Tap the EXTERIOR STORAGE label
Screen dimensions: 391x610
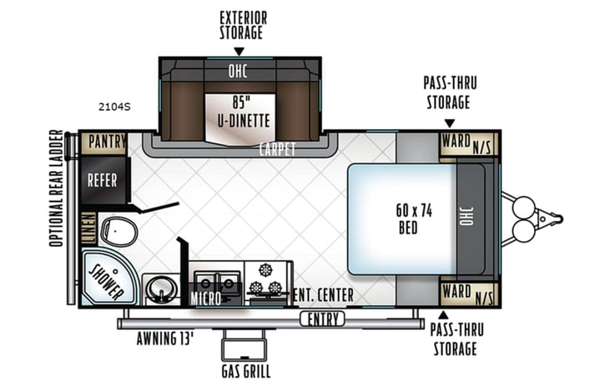point(240,25)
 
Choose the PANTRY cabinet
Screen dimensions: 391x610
point(103,143)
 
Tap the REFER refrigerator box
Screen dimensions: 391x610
point(103,180)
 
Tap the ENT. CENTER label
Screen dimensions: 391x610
point(325,296)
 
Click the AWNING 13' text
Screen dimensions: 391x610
point(165,339)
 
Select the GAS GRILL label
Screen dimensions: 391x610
point(245,371)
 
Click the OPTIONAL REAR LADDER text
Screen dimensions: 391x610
point(55,188)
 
